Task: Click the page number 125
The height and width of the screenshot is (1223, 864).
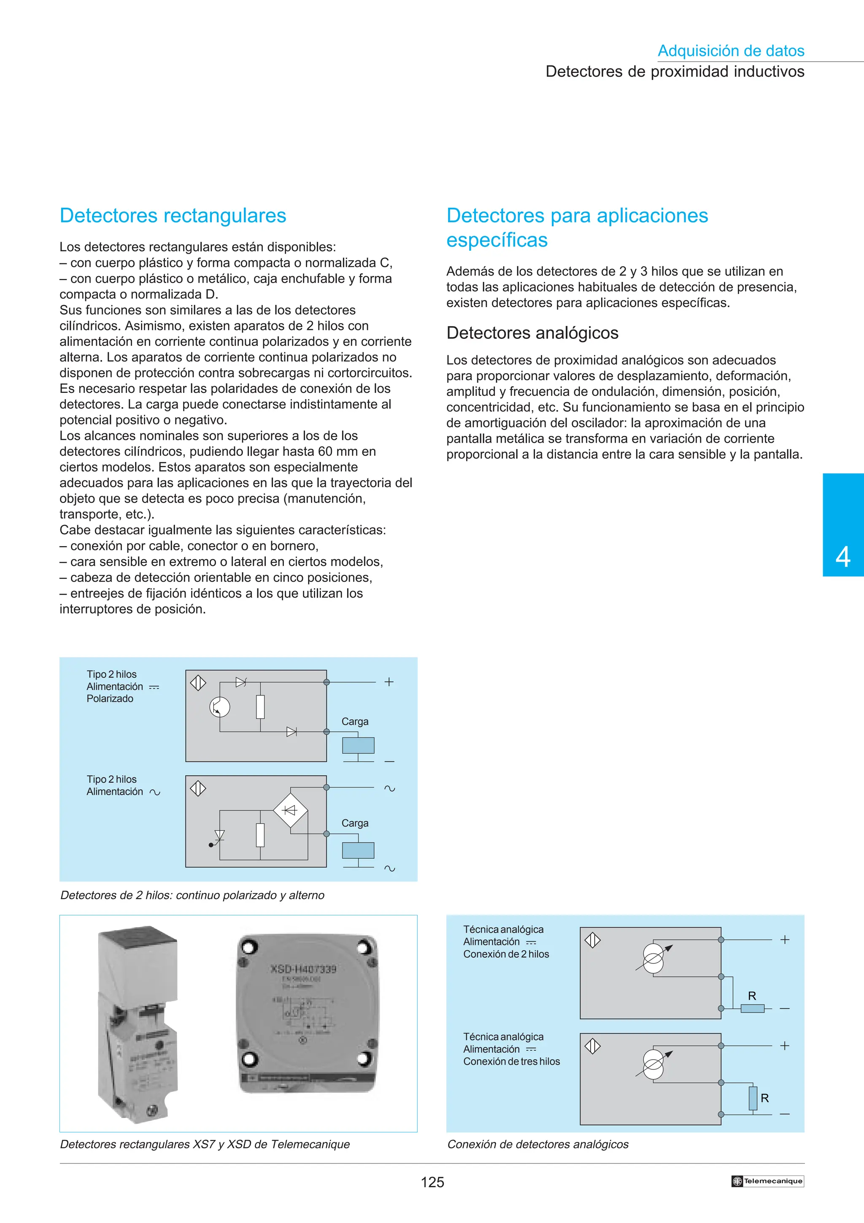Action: click(432, 1182)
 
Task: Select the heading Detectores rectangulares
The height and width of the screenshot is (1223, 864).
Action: click(173, 216)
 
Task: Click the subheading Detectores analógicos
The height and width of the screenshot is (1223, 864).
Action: click(532, 333)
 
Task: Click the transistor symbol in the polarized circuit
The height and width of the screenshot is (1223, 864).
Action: click(219, 707)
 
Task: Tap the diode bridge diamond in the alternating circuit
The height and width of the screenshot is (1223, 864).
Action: click(290, 810)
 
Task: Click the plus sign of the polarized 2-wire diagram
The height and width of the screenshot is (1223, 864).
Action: click(389, 682)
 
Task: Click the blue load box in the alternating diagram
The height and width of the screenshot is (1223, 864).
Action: click(358, 850)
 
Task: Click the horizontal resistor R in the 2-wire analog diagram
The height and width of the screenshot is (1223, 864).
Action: click(752, 1008)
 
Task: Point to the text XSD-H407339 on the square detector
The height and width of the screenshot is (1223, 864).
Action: click(303, 969)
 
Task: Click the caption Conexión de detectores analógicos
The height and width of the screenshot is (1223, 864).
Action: click(537, 1144)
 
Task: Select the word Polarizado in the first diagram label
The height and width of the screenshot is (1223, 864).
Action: click(110, 698)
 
